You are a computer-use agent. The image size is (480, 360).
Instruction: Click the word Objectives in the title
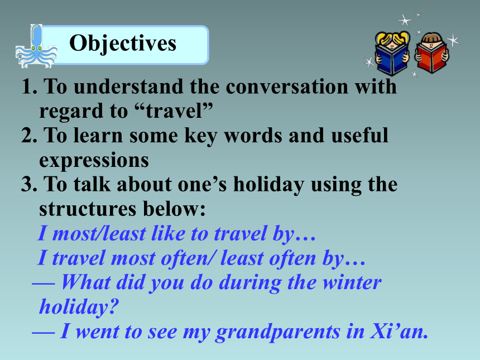(x=123, y=44)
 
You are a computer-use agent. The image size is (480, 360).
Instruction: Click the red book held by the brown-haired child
(x=431, y=57)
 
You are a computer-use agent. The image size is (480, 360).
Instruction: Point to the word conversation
(x=287, y=87)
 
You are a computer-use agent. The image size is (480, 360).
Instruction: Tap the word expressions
(x=94, y=160)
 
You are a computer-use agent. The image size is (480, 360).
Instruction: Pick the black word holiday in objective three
(x=269, y=185)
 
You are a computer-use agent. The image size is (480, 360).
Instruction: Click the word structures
(x=88, y=209)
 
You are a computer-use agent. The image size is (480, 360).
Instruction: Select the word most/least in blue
(x=99, y=233)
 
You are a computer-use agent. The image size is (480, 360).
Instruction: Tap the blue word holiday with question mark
(x=79, y=307)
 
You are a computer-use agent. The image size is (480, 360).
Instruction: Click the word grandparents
(x=277, y=332)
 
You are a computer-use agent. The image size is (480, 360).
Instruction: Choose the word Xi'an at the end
(x=399, y=331)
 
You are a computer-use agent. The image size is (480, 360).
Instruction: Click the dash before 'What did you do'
(x=44, y=284)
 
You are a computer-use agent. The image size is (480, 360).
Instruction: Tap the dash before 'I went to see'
(x=44, y=333)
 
